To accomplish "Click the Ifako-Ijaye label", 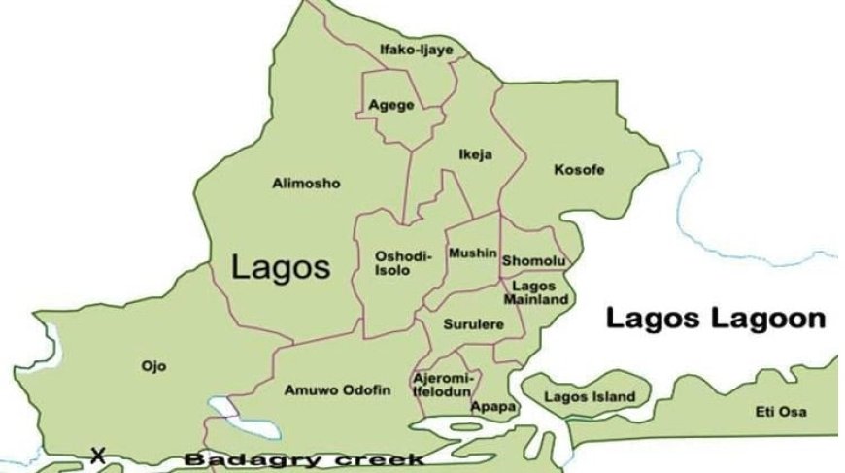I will pos(416,50).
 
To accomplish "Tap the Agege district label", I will pos(391,105).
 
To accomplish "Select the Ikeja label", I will pos(476,154).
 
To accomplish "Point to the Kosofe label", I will pos(579,170).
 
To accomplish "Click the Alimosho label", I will pos(306,183).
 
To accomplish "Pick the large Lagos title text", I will pos(281,268).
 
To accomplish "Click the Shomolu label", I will pos(534,261).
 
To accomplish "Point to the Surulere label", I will pos(474,324).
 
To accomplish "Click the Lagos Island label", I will pos(590,396).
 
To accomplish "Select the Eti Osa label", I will pos(781,412).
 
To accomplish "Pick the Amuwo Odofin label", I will pos(337,389).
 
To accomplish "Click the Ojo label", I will pos(153,366).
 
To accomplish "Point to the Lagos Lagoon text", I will pos(716,319).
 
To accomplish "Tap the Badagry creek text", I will pos(303,459).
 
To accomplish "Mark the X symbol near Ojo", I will pos(97,454).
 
